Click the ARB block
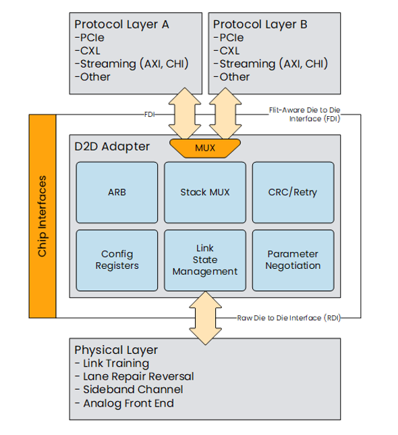(117, 193)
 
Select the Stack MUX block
(205, 193)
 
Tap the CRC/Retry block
(293, 193)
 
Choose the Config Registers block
(117, 260)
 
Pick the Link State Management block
(205, 260)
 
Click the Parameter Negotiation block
(293, 260)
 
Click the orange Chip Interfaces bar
(42, 216)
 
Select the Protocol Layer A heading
(121, 24)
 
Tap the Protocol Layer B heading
(260, 24)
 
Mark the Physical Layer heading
(116, 350)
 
